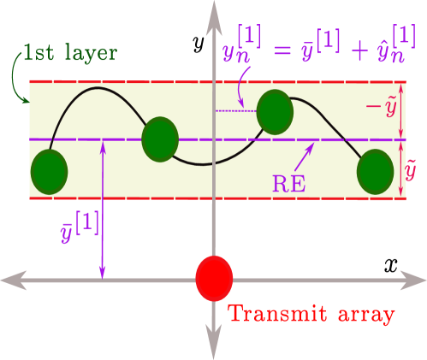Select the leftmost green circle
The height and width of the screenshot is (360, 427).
click(49, 172)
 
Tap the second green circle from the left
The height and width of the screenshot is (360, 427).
click(159, 139)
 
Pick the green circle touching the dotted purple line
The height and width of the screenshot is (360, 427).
click(275, 111)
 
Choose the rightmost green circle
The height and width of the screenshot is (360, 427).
click(375, 171)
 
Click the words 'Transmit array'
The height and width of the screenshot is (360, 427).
click(311, 314)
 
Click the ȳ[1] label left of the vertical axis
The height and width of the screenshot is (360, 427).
click(80, 226)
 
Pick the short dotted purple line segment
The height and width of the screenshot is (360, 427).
click(236, 111)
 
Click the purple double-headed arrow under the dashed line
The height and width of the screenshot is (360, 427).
click(102, 210)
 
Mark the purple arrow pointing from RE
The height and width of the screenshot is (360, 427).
click(304, 155)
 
